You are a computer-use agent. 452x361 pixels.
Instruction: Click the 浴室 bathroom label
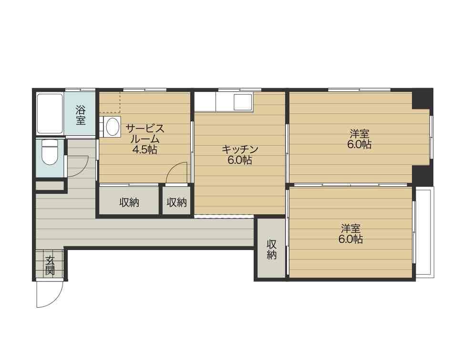(x=81, y=115)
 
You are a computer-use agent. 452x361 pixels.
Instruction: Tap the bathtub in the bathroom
(x=50, y=113)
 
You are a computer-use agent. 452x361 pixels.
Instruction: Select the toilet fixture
(x=50, y=152)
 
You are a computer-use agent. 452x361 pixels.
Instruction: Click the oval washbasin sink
(x=113, y=127)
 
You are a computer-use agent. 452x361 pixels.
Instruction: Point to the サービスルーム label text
(x=145, y=133)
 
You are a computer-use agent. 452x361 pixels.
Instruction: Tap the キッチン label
(x=239, y=149)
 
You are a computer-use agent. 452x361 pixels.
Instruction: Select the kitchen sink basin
(x=243, y=101)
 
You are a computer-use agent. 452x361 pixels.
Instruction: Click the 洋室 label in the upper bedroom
(x=360, y=134)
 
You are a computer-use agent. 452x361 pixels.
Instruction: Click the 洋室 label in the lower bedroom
(x=351, y=229)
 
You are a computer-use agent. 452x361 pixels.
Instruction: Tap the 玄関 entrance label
(x=50, y=265)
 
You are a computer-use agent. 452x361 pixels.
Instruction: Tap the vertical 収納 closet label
(x=272, y=249)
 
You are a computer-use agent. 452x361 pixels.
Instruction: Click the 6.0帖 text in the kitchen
(x=239, y=160)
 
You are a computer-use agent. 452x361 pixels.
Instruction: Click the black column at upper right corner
(x=422, y=98)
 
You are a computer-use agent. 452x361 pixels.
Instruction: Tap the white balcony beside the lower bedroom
(x=425, y=232)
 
